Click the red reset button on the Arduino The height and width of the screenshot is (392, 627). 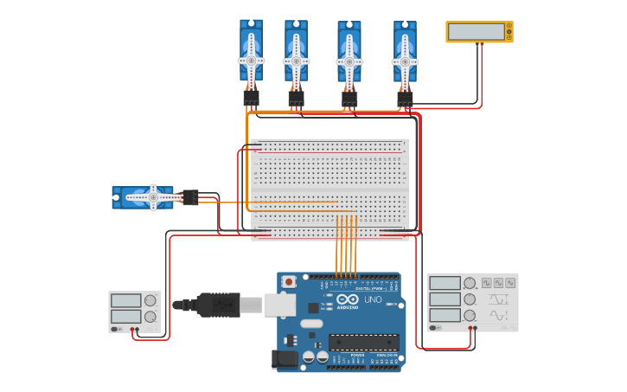[289, 281]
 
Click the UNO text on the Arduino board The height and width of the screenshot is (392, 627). [373, 300]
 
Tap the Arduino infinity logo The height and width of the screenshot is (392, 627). [346, 299]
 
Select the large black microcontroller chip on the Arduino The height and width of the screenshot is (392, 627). [363, 343]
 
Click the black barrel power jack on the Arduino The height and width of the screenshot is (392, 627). [284, 359]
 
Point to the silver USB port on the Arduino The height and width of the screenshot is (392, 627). [278, 305]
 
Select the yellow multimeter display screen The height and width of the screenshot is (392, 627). [477, 32]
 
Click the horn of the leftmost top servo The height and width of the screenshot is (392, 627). [251, 61]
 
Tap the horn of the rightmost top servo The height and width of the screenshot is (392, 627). [405, 61]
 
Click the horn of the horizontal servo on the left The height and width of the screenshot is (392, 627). [152, 197]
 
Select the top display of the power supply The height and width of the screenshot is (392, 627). [125, 300]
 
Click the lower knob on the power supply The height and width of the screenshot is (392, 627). [150, 318]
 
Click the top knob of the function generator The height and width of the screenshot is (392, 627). [469, 283]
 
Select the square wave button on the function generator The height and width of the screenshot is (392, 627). [487, 282]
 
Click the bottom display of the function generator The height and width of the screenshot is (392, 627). [445, 315]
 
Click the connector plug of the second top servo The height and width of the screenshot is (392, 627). [296, 98]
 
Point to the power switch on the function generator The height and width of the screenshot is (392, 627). [434, 328]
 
